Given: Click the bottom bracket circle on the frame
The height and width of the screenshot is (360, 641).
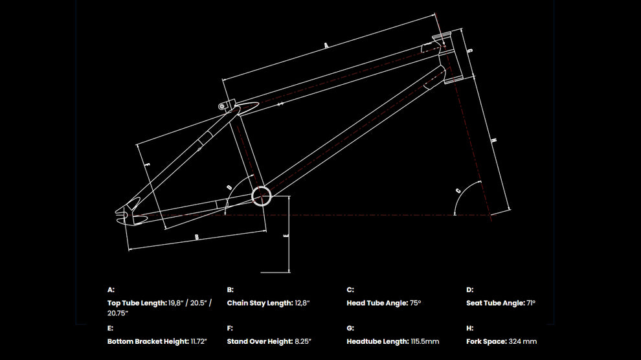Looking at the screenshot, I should point(261,196).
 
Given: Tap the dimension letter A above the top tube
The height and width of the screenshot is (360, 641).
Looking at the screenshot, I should point(326,45).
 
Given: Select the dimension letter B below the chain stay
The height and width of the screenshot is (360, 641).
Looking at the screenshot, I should point(196,238).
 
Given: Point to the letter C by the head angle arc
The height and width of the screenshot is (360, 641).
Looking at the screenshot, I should point(458,190).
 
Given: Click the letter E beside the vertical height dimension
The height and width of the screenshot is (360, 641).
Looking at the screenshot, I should point(286,236).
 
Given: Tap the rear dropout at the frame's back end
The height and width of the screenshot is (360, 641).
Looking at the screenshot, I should point(127,214).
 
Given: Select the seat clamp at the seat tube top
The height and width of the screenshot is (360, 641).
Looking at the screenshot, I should point(225,106).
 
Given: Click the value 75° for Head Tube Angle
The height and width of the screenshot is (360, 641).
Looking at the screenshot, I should point(415,303).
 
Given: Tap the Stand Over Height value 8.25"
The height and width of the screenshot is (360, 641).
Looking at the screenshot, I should point(301,341).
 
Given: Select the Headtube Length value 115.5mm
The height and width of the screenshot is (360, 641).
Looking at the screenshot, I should point(425,341).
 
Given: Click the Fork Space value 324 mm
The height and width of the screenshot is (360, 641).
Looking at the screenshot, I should point(523,341).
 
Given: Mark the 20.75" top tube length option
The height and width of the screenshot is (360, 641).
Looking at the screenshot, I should point(118,313).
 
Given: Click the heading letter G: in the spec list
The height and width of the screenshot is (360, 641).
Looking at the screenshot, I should point(350,328).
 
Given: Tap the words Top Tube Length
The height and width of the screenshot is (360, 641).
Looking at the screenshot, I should point(137,303).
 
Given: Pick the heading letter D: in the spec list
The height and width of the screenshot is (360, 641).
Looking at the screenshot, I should point(470,290).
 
